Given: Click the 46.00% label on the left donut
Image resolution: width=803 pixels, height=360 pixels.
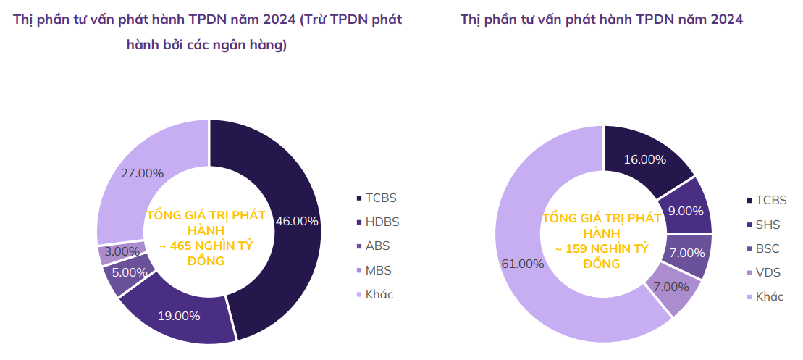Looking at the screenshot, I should click(297, 221).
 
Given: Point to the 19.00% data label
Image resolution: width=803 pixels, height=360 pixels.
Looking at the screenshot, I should click(179, 315).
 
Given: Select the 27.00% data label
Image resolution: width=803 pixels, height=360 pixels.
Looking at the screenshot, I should click(142, 173).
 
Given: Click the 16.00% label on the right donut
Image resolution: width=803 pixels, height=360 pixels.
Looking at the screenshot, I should click(644, 159).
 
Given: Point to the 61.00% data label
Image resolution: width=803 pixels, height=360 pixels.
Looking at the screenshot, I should click(522, 264).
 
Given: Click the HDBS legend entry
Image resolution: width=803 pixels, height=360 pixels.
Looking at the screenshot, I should click(382, 222).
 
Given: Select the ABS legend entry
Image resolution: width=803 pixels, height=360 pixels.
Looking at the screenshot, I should click(378, 246).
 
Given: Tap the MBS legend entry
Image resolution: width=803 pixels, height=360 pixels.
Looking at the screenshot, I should click(379, 270).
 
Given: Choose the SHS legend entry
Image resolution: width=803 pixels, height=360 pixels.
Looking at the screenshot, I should click(767, 225).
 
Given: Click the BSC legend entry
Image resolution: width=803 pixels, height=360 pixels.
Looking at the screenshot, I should click(768, 248).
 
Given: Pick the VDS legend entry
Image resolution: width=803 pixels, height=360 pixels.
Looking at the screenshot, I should click(768, 272).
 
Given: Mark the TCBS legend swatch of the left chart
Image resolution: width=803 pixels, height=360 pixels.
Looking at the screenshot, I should click(358, 198).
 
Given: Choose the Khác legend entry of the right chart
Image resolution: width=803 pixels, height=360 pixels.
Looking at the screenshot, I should click(770, 296).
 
